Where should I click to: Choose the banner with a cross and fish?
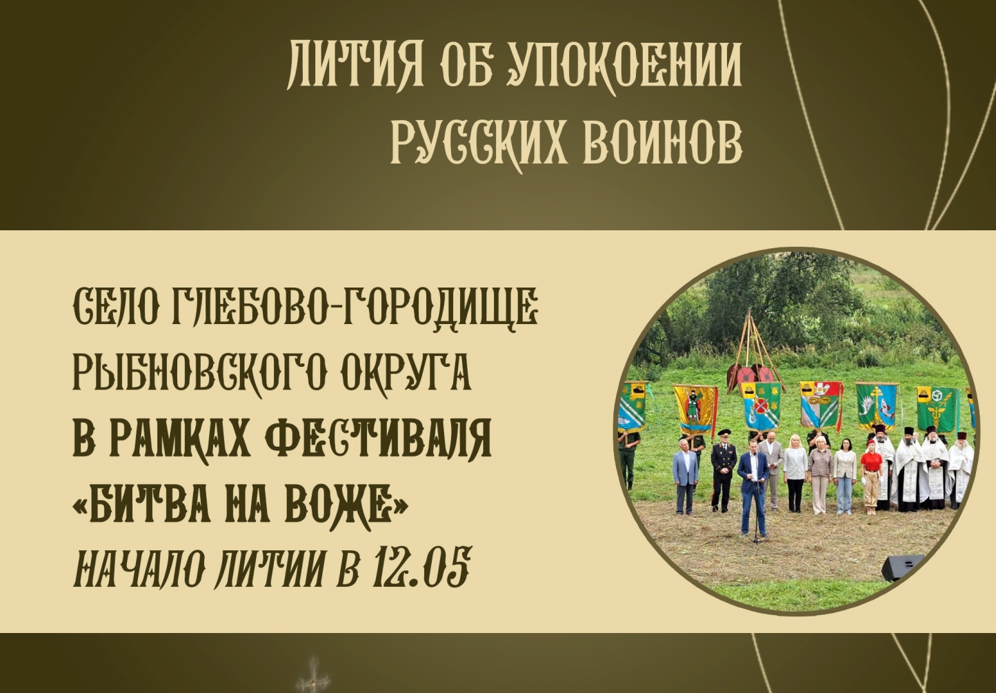pos(877,406)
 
